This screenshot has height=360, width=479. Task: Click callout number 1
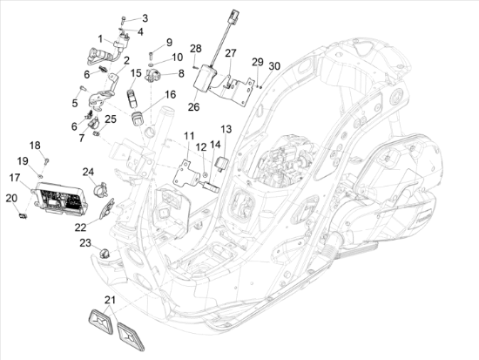[100, 38]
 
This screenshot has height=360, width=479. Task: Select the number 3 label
[145, 17]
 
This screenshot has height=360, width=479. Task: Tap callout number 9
[169, 42]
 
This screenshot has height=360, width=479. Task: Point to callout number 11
[188, 136]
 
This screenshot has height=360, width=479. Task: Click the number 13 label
[226, 128]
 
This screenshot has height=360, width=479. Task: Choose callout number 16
[170, 94]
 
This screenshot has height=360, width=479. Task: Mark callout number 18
[36, 145]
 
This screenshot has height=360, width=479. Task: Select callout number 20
[10, 198]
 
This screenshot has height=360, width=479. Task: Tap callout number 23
[85, 242]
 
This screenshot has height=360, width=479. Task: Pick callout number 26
[193, 107]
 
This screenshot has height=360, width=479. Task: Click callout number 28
[195, 48]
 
